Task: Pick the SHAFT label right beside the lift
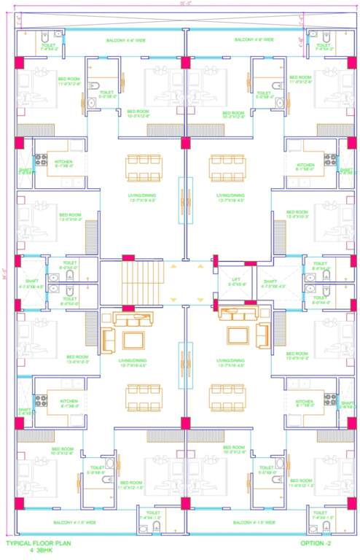(270, 281)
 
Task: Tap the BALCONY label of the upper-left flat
(125, 40)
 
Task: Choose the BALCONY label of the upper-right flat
(254, 39)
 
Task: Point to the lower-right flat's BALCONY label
(254, 523)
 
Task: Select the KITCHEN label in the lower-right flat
(305, 402)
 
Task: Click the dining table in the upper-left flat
(143, 167)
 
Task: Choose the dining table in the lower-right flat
(227, 397)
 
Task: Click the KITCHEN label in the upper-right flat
(305, 166)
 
